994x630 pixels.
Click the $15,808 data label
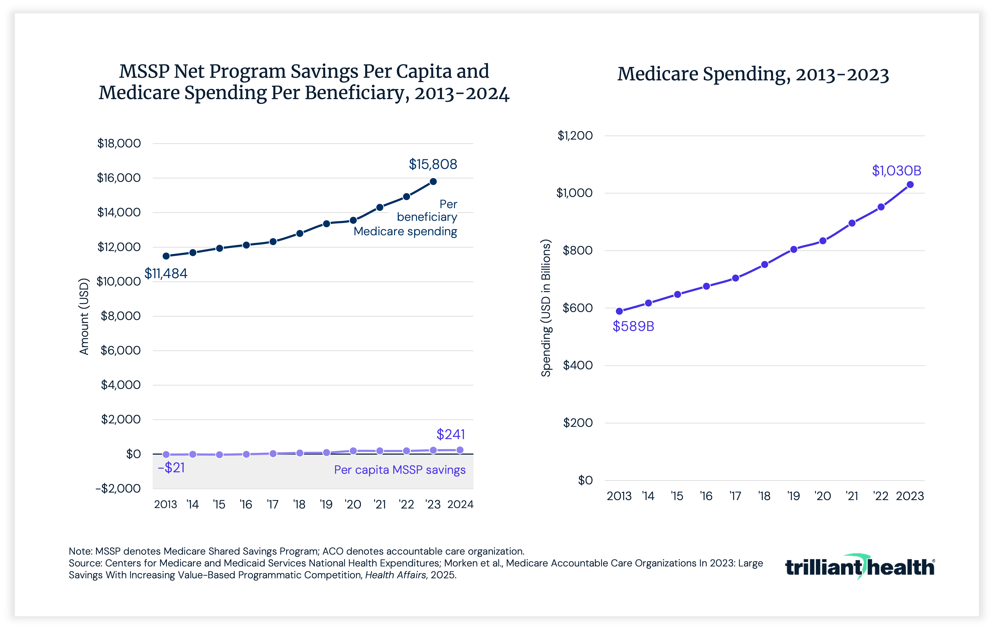pos(433,164)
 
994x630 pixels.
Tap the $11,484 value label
pos(166,274)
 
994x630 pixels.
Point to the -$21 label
pos(171,468)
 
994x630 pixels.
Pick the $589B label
pos(633,326)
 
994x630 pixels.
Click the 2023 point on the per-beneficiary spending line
pos(433,182)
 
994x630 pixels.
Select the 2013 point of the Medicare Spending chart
pos(619,311)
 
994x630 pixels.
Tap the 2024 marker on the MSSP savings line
pos(460,450)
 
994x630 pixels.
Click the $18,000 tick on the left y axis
pos(119,143)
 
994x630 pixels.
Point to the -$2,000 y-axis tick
pos(118,488)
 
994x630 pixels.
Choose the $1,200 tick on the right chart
pos(575,136)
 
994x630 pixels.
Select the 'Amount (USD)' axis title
pos(84,317)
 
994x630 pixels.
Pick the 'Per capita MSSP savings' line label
pos(400,470)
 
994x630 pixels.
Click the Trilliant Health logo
pos(859,567)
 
